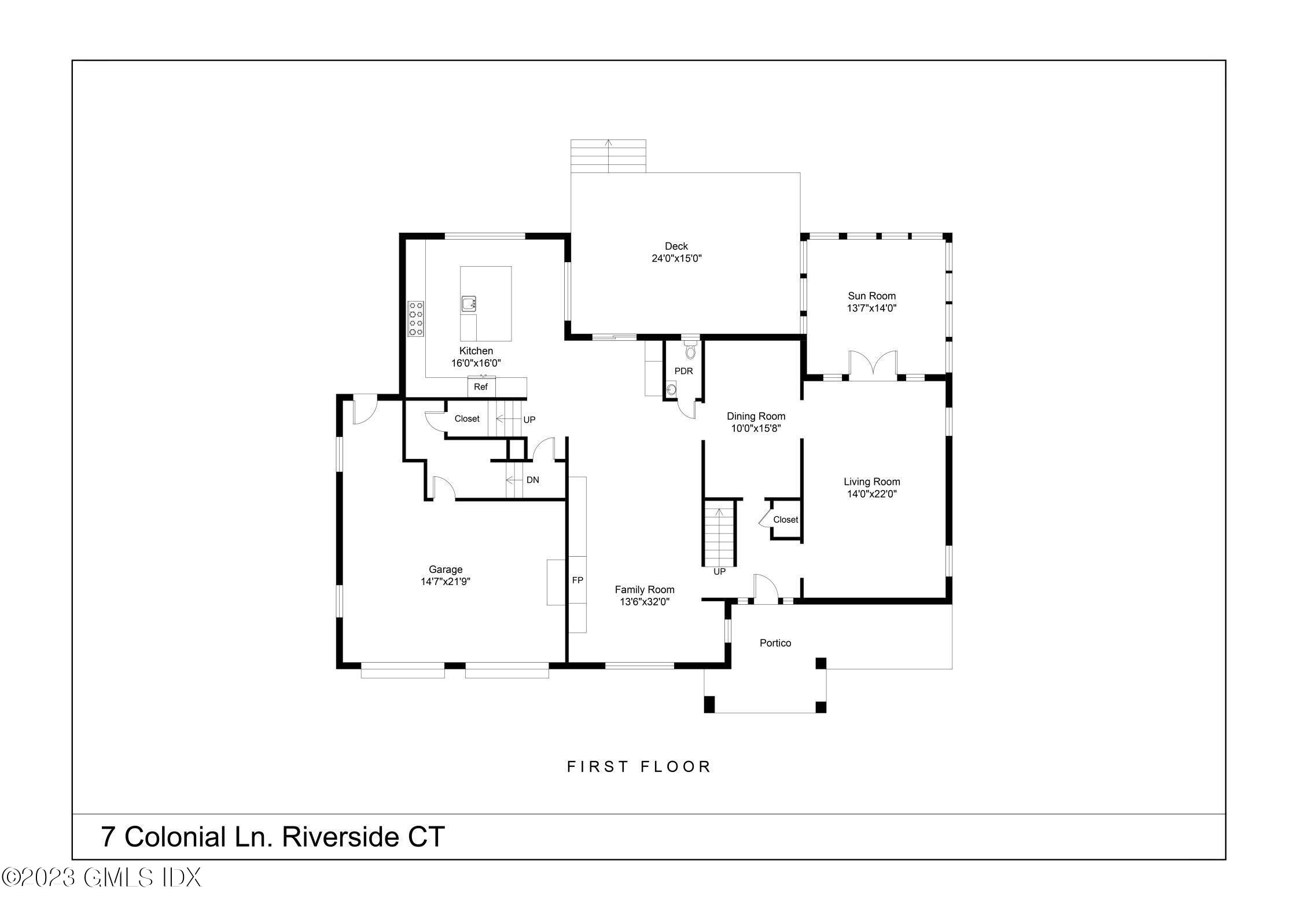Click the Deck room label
coord(676,247)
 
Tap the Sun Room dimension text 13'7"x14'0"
coord(871,308)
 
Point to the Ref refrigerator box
coord(481,387)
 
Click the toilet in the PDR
coord(690,349)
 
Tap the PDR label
coord(683,371)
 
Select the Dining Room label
coord(756,416)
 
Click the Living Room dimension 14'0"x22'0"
coord(871,494)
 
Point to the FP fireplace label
coord(577,580)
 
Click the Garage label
coord(446,569)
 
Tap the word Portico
coord(775,643)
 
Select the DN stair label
coord(533,480)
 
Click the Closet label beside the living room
coord(786,520)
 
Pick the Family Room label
coord(645,590)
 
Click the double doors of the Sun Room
coord(873,366)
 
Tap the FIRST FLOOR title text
coord(639,767)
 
